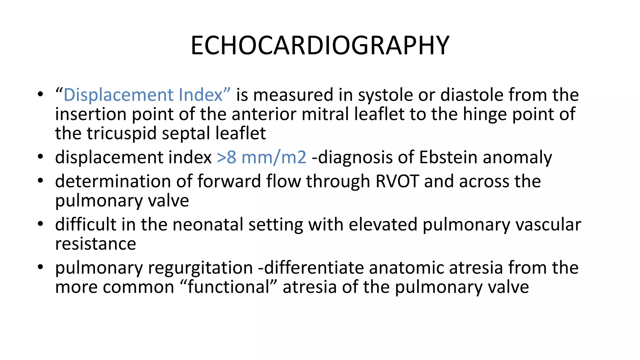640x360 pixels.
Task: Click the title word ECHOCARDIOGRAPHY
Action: point(320,46)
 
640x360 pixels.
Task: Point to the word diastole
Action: point(472,95)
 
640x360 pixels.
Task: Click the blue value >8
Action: point(226,157)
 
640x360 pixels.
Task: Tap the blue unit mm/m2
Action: point(274,157)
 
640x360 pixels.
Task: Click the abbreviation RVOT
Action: point(397,181)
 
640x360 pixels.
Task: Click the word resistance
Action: point(96,244)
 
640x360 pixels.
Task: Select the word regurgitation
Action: point(200,268)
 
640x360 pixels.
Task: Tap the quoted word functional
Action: point(228,287)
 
